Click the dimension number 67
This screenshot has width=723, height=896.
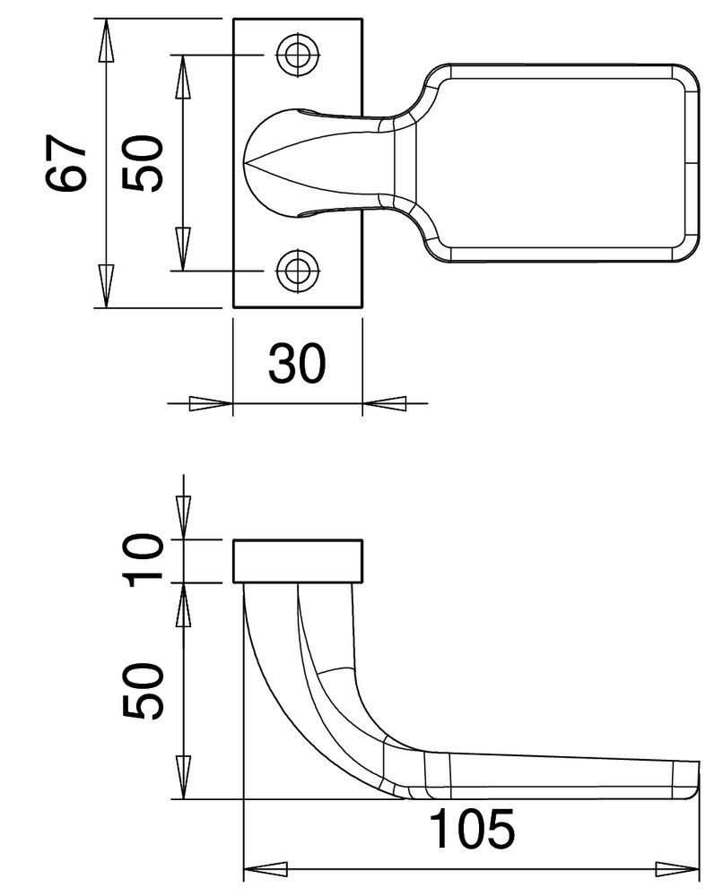coord(67,164)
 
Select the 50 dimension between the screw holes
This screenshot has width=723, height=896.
coord(144,163)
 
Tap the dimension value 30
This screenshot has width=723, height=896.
coord(296,364)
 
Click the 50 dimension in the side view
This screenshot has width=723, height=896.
coord(144,691)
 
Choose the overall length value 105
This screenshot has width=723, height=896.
coord(473,829)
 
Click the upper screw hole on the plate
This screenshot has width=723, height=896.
coord(297,55)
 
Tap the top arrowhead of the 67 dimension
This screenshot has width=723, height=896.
coord(106,41)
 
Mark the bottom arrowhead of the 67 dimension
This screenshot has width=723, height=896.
coord(106,285)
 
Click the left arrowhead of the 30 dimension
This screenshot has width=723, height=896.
coord(212,404)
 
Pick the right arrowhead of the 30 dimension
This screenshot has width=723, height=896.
coord(384,404)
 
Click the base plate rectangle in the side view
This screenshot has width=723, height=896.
coord(298,561)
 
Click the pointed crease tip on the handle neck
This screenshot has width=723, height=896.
coord(251,163)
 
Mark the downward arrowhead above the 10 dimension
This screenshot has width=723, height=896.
coord(183,518)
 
